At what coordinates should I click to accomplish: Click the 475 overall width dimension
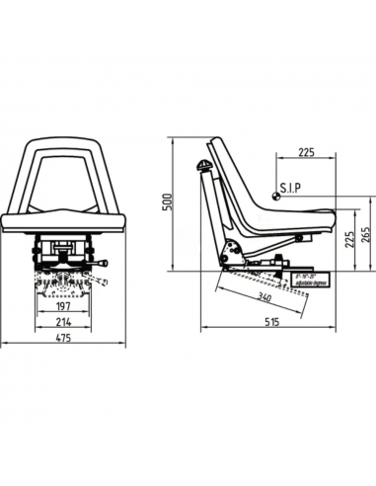point(65,339)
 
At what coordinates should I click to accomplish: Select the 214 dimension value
point(65,322)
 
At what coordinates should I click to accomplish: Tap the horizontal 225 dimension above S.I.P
point(305,152)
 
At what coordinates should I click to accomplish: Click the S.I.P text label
point(293,186)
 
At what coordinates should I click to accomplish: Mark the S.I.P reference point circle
point(276,194)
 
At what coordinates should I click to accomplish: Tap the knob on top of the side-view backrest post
point(203,166)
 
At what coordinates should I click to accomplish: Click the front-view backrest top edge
point(65,138)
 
